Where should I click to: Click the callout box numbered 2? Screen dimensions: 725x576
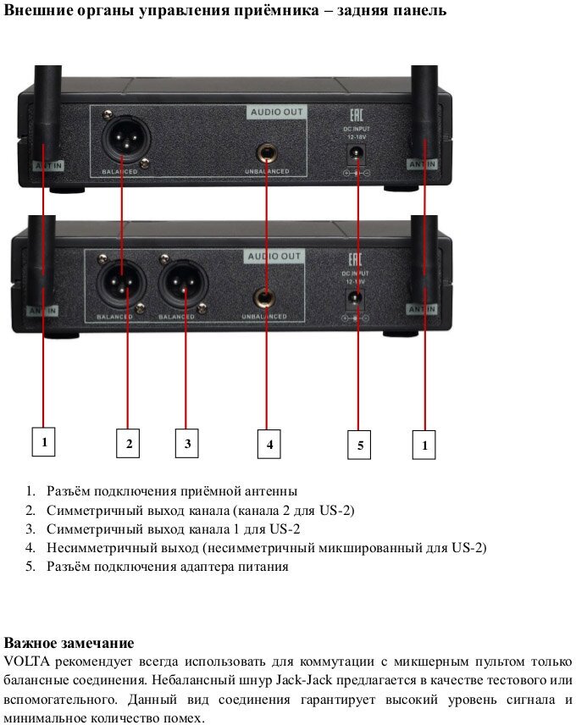tap(128, 443)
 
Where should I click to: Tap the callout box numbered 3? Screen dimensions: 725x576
tap(187, 443)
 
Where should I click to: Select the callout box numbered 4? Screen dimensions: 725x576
tap(269, 444)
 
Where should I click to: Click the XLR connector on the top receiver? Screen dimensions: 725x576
tap(123, 135)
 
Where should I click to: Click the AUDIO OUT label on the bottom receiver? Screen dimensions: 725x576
tap(274, 256)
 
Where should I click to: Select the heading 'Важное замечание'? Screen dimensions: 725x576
tap(69, 642)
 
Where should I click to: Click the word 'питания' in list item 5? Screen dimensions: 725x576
tap(265, 567)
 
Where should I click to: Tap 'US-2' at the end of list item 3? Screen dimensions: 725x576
tap(285, 529)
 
